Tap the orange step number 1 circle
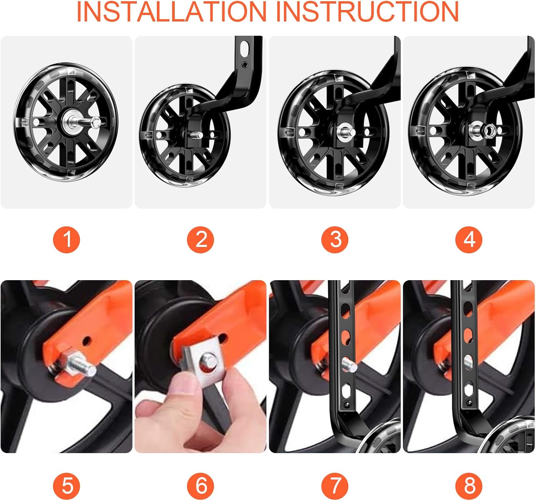click(x=66, y=239)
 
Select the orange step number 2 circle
click(x=200, y=239)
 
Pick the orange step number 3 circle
click(x=335, y=239)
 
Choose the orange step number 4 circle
click(x=469, y=239)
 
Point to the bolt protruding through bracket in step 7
click(x=349, y=364)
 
